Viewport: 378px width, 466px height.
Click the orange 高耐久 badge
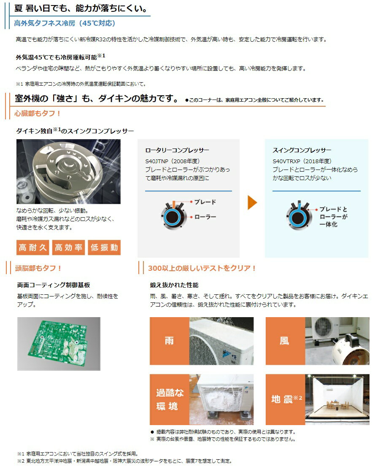pyautogui.click(x=33, y=248)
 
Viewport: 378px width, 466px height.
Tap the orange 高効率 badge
pyautogui.click(x=69, y=248)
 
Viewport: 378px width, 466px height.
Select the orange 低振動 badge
pyautogui.click(x=104, y=248)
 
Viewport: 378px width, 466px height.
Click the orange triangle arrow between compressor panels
pyautogui.click(x=252, y=203)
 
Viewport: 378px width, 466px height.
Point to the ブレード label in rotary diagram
pyautogui.click(x=205, y=202)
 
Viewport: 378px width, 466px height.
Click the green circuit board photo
pyautogui.click(x=59, y=344)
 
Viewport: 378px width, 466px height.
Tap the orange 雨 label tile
pyautogui.click(x=169, y=341)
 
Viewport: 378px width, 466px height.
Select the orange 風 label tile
pyautogui.click(x=285, y=341)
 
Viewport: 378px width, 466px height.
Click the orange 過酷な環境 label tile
pyautogui.click(x=169, y=399)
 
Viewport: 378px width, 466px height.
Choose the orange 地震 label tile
pyautogui.click(x=285, y=399)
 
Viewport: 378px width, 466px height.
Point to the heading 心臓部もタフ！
pyautogui.click(x=38, y=113)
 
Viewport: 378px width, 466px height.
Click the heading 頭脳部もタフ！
pyautogui.click(x=38, y=268)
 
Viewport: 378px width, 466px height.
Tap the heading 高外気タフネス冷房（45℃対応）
pyautogui.click(x=65, y=23)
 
